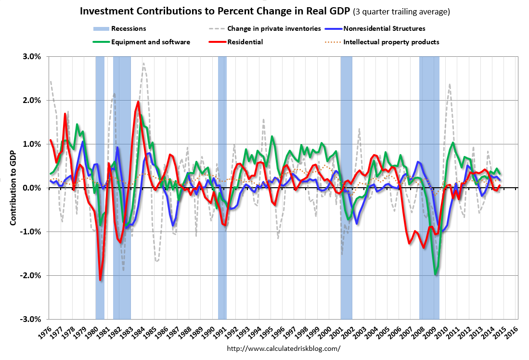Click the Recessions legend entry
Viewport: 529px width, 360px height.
(129, 29)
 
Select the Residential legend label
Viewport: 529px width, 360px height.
(245, 42)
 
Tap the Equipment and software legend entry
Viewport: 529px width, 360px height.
(151, 42)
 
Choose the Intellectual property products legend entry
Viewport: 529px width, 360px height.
(391, 42)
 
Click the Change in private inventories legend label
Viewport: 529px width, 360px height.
(274, 29)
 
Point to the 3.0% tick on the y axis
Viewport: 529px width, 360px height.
(31, 56)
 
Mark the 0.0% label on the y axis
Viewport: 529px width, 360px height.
(32, 188)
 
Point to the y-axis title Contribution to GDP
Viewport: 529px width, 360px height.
(14, 188)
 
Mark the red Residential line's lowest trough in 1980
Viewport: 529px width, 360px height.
(100, 280)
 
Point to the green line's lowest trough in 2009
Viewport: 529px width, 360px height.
(436, 274)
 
